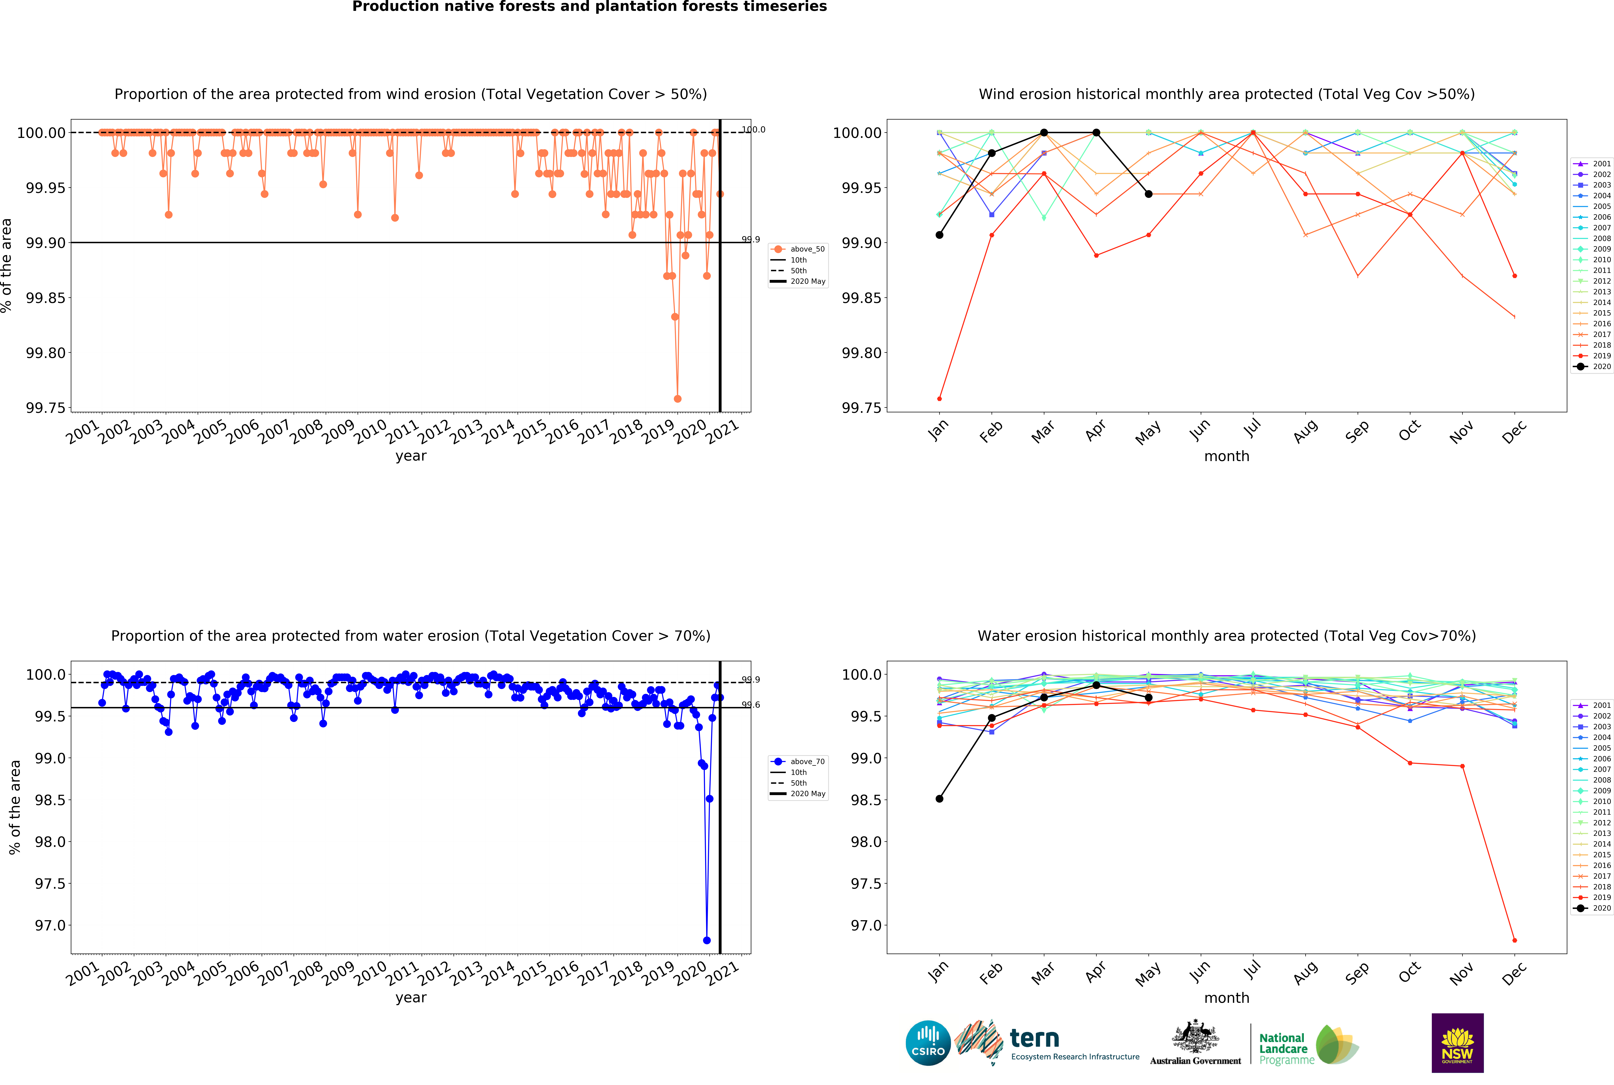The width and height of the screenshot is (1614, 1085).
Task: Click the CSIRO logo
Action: coord(928,1043)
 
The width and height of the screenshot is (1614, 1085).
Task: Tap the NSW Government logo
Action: coord(1457,1043)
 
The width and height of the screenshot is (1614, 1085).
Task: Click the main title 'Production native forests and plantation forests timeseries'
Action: coord(590,7)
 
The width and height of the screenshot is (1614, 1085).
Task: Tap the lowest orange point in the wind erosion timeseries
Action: coord(677,399)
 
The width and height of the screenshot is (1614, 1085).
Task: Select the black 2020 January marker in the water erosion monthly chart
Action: coord(939,799)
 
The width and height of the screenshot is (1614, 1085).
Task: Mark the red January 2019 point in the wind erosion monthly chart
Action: coord(939,399)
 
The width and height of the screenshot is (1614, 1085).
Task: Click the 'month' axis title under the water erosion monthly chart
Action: coord(1227,998)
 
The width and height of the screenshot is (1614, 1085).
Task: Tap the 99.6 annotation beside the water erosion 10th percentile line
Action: coord(751,704)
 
